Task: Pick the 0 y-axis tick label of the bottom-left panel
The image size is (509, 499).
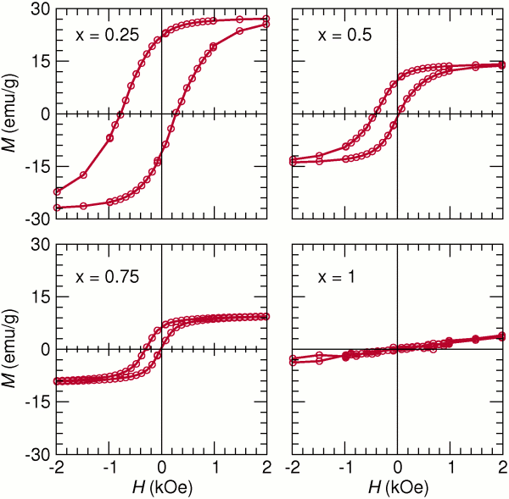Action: (x=44, y=349)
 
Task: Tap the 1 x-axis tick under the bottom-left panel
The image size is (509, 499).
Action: (x=215, y=467)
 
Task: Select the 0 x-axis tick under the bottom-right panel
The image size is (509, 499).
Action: (x=397, y=467)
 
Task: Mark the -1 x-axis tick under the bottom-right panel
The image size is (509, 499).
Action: (x=343, y=467)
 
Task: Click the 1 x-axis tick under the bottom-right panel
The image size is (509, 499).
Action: (x=450, y=467)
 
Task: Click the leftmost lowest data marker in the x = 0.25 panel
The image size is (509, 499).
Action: (x=57, y=208)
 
